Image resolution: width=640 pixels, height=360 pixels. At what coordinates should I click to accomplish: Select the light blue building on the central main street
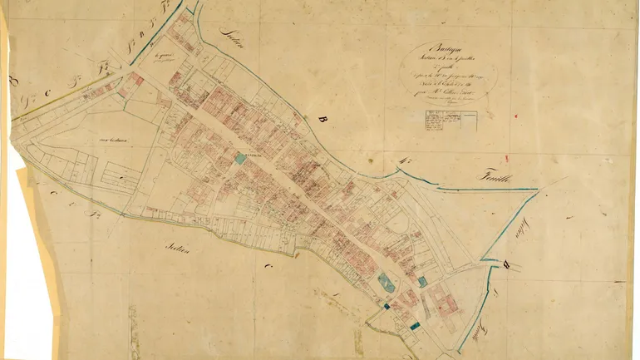[x=240, y=156]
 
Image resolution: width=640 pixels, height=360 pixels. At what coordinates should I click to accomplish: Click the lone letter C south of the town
[x=268, y=268]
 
